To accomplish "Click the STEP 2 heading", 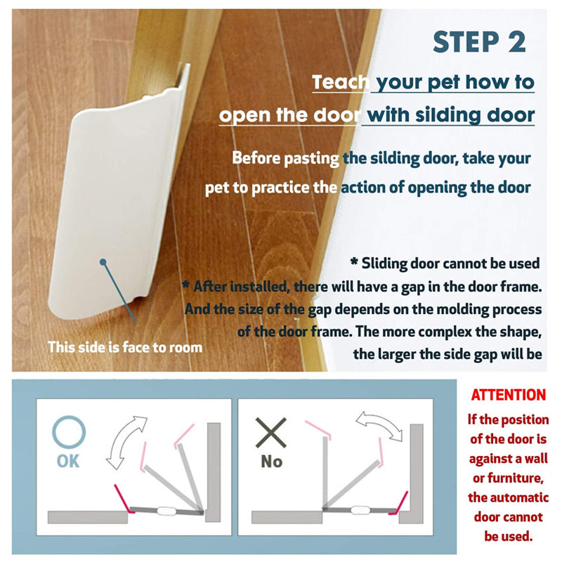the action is tap(479, 42).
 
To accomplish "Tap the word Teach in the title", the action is tap(340, 82).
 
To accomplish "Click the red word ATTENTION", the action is tap(508, 395).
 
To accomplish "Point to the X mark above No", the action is tap(271, 433).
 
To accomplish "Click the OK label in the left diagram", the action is tap(68, 462).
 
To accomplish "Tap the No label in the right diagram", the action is tap(272, 462).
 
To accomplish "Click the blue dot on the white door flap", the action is tap(103, 262).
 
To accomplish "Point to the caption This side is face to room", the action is tap(125, 347).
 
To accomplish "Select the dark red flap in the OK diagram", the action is tap(123, 498).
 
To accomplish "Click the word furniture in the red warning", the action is tap(508, 478).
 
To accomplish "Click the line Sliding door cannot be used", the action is tap(445, 263).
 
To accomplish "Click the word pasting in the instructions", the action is tap(311, 159).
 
